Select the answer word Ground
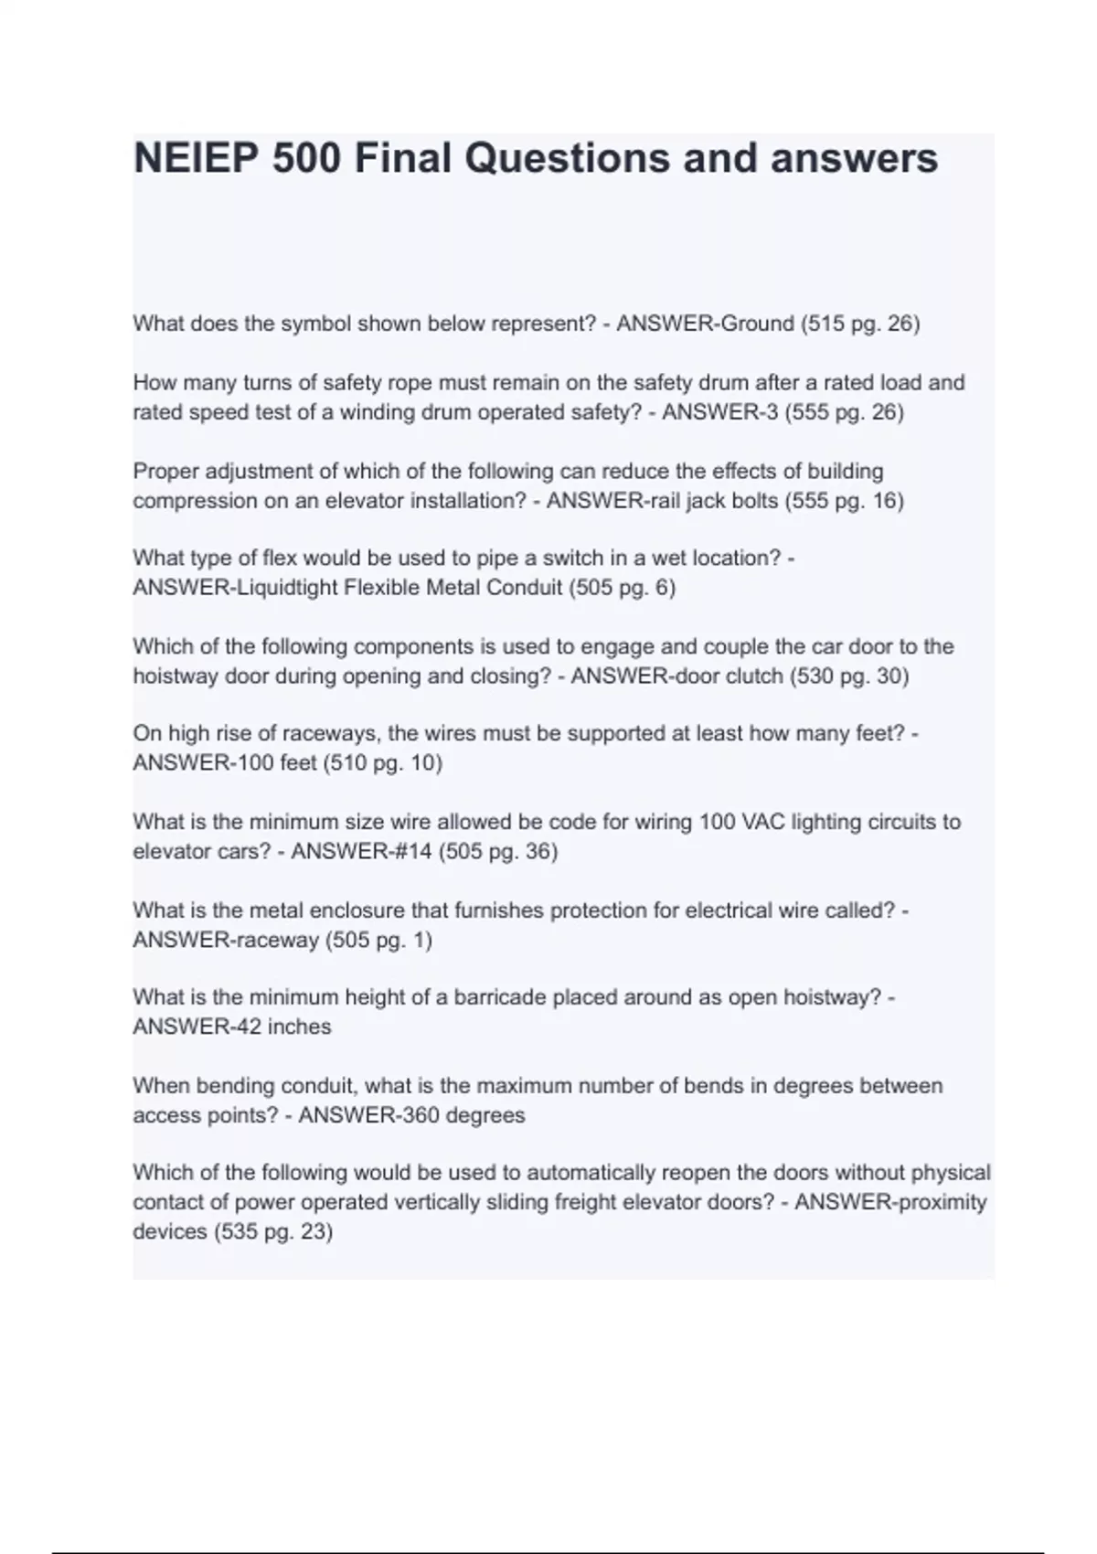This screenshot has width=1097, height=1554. (x=758, y=324)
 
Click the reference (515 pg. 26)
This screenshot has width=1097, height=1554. (x=860, y=324)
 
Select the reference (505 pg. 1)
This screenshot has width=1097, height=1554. (x=378, y=941)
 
